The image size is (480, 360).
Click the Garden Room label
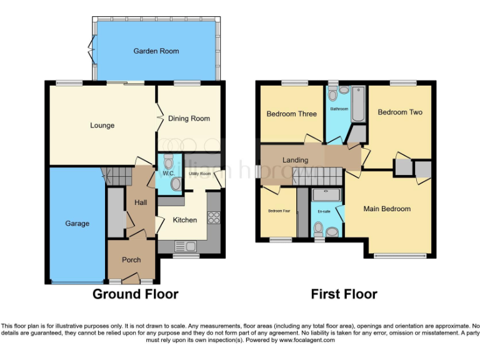tap(156, 51)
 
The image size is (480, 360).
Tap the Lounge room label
tap(102, 126)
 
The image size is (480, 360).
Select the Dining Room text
tap(189, 119)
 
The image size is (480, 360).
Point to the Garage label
tap(77, 224)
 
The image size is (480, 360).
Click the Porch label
tap(131, 260)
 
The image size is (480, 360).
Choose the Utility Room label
tap(201, 174)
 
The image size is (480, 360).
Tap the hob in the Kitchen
tap(213, 218)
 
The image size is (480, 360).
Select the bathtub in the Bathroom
tap(358, 104)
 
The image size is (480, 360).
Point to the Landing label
tap(295, 160)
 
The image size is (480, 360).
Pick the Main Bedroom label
tap(387, 209)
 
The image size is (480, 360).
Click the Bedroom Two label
tap(400, 112)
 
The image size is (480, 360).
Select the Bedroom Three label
tap(291, 114)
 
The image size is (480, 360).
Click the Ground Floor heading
tap(136, 294)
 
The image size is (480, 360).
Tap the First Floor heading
tap(344, 294)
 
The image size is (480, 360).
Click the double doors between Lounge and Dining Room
tap(158, 117)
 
